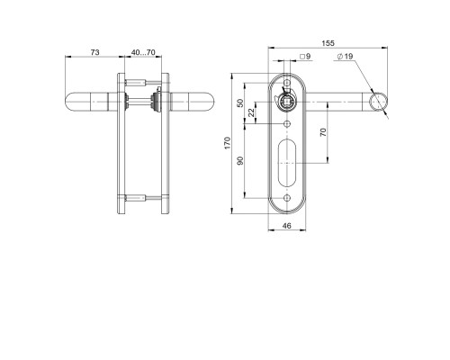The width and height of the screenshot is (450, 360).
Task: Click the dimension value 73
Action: pyautogui.click(x=94, y=52)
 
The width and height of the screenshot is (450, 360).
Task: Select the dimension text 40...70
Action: pyautogui.click(x=143, y=52)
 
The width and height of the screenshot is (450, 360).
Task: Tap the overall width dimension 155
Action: pyautogui.click(x=328, y=43)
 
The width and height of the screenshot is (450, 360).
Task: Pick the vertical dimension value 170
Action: pyautogui.click(x=228, y=143)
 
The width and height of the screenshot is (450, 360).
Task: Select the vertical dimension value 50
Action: pyautogui.click(x=240, y=103)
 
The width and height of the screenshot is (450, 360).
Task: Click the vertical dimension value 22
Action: pyautogui.click(x=251, y=112)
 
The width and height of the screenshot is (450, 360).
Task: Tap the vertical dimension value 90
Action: pyautogui.click(x=240, y=161)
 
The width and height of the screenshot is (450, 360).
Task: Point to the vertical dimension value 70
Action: pyautogui.click(x=323, y=132)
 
